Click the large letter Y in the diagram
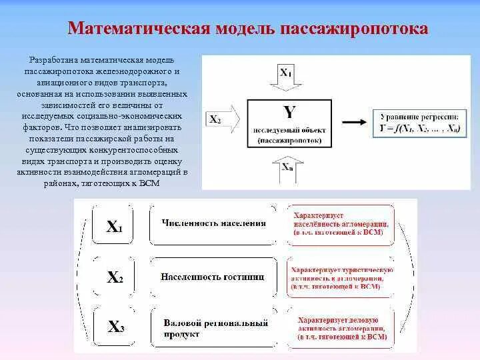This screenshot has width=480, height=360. click(289, 111)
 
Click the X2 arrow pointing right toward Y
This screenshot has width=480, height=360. click(223, 120)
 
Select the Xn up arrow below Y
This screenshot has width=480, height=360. click(286, 169)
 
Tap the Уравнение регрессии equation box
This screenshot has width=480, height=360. click(416, 122)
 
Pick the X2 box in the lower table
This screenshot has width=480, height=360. click(115, 277)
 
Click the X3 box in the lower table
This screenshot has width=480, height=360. click(115, 327)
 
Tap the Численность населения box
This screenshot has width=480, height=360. click(213, 224)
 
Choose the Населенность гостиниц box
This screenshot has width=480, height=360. click(213, 276)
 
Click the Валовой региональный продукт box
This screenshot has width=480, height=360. click(213, 328)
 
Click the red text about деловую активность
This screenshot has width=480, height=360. click(341, 329)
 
